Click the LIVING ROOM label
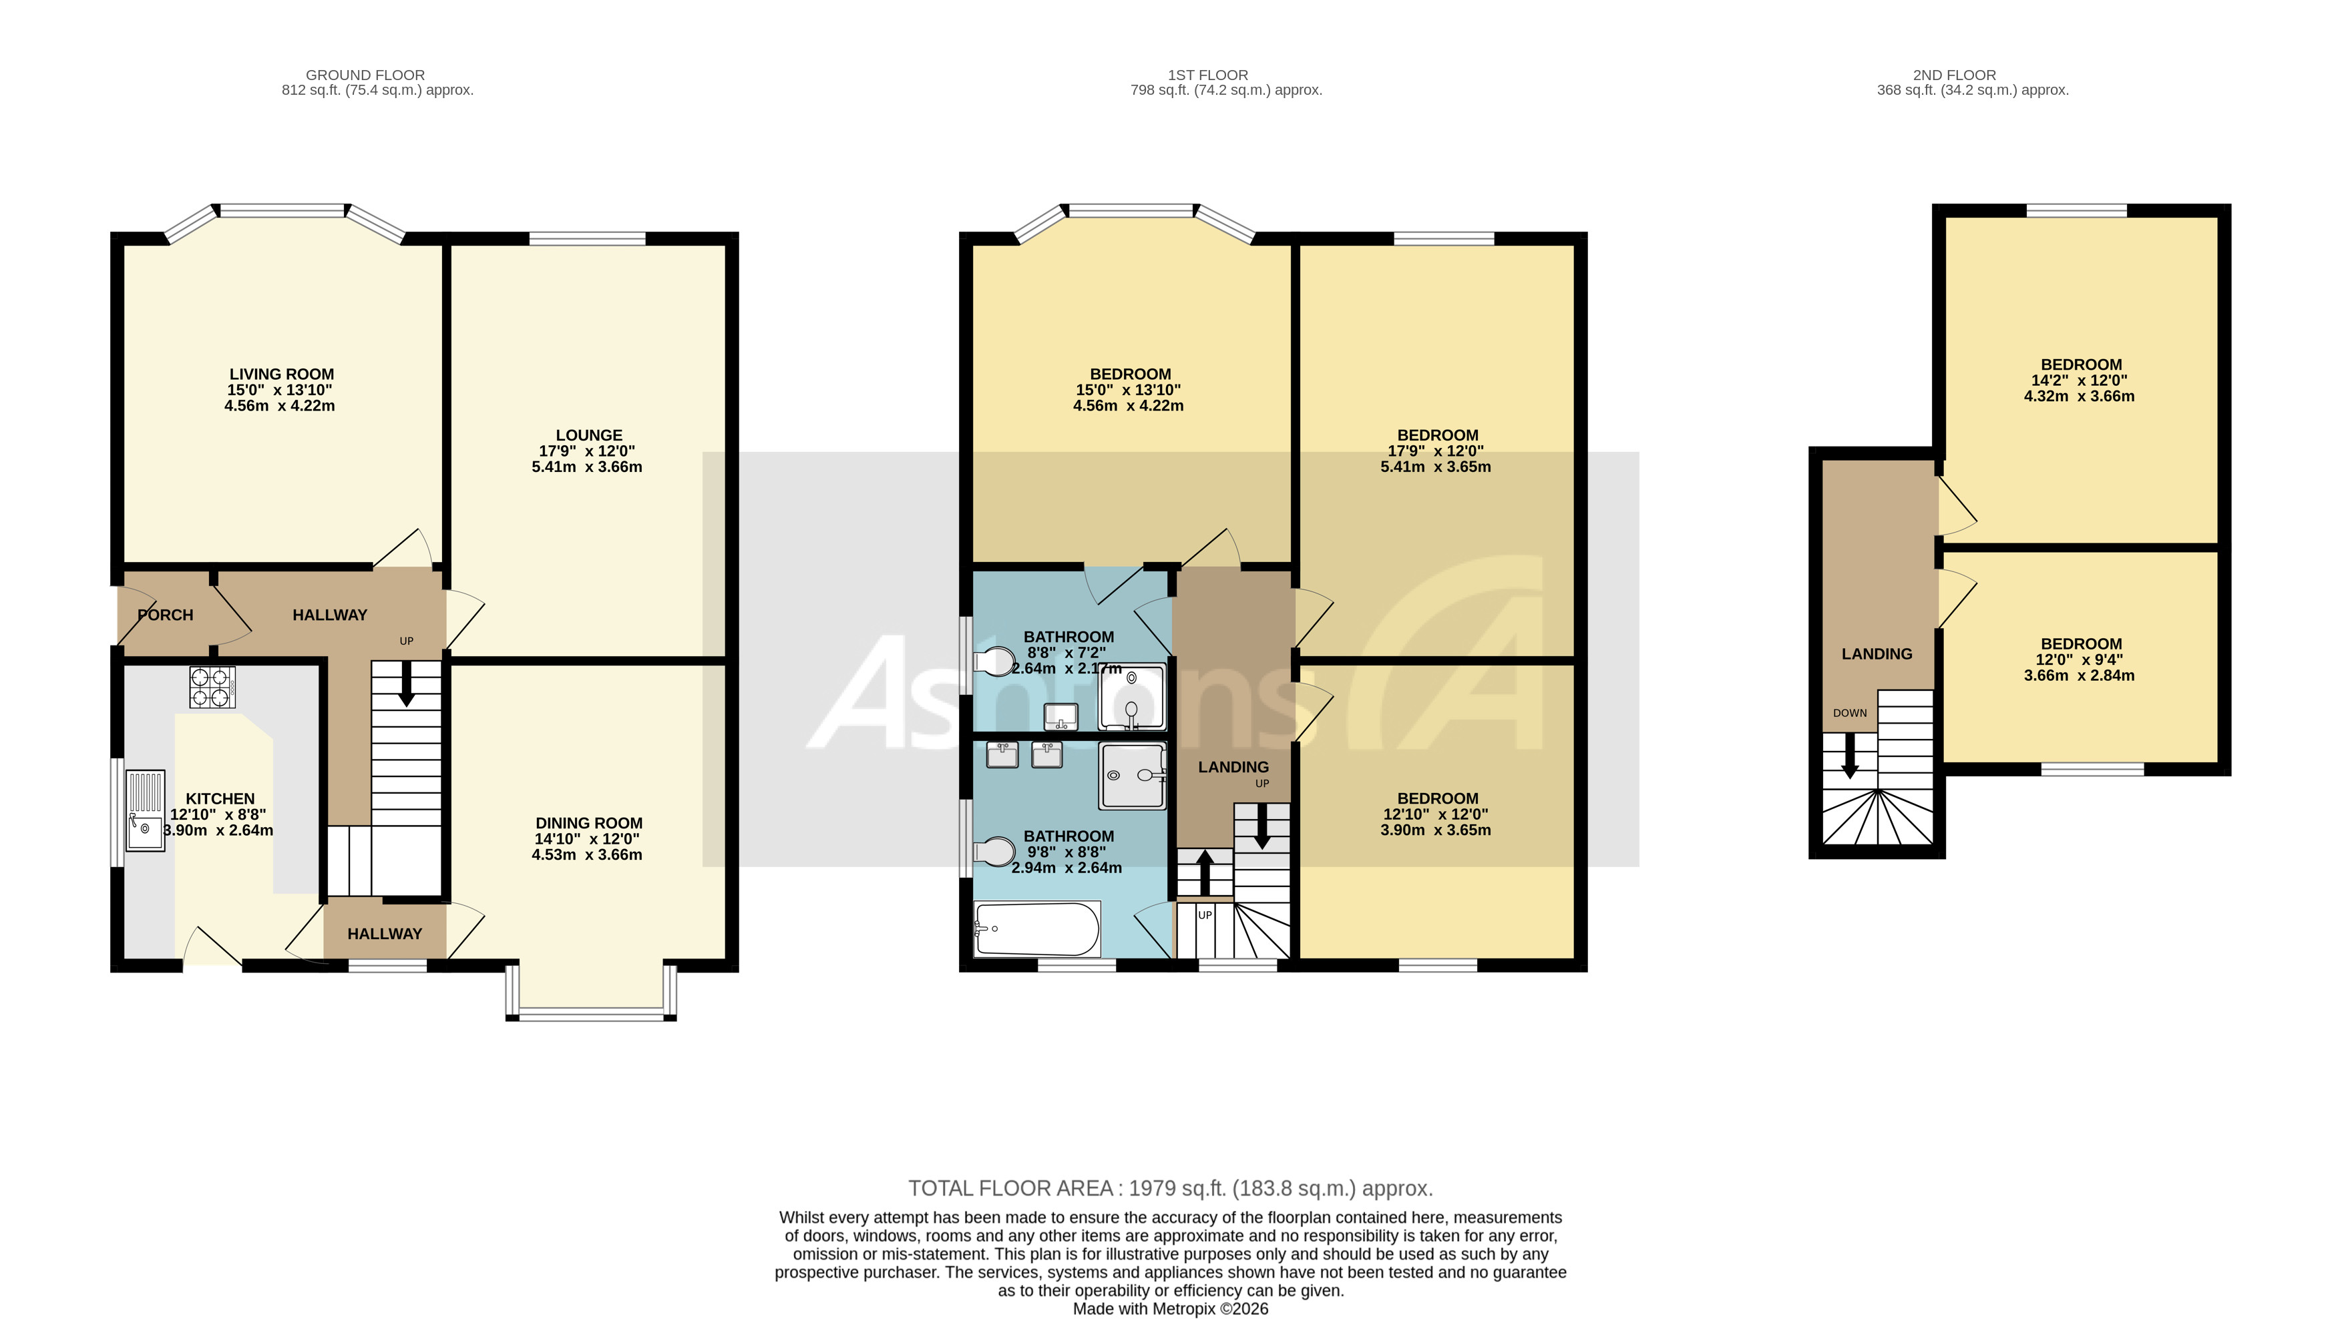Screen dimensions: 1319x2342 (281, 374)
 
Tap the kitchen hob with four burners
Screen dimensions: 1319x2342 (212, 688)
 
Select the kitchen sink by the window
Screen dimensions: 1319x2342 (144, 810)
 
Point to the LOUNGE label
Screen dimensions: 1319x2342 (588, 435)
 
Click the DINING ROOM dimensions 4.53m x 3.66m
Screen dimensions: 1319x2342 (586, 855)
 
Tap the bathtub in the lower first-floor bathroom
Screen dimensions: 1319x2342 (1036, 929)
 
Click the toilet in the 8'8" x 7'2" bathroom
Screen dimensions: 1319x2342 (994, 662)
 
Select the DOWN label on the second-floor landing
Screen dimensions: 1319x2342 (1849, 714)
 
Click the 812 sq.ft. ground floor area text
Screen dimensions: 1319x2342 (377, 91)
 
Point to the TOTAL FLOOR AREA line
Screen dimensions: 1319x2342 (1170, 1188)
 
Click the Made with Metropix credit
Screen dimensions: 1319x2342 (1170, 1309)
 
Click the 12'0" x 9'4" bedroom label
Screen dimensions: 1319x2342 (2080, 643)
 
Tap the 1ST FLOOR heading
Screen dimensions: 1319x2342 (1207, 75)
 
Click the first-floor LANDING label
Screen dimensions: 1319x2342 (1233, 767)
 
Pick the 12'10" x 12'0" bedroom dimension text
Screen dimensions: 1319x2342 (1436, 814)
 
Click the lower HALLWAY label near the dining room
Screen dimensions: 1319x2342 (385, 934)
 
